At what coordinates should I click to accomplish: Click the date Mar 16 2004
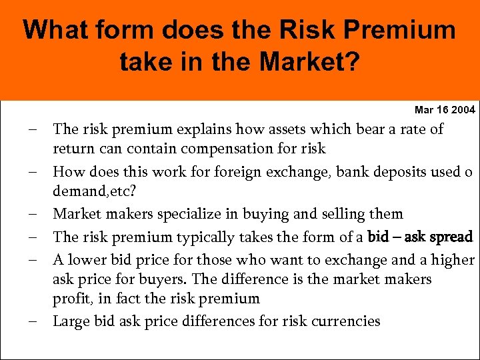pos(445,109)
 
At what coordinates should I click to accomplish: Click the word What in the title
pos(54,30)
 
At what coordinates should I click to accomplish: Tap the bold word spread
pos(450,237)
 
